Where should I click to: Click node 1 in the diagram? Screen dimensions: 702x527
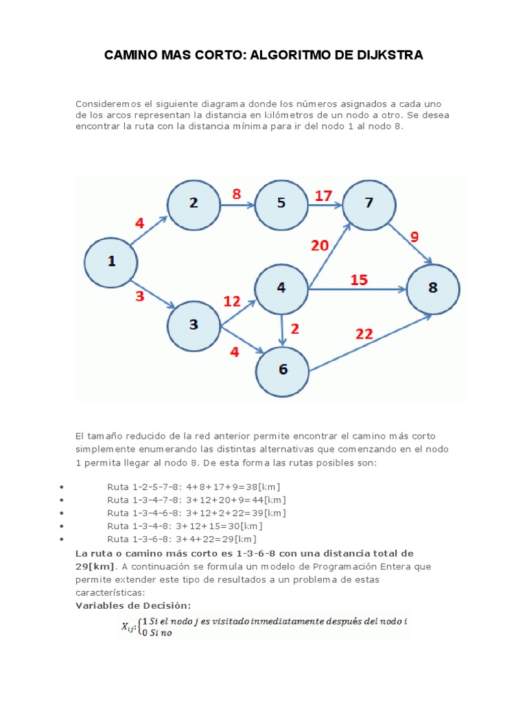tap(110, 262)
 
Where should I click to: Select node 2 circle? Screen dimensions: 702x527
tap(194, 204)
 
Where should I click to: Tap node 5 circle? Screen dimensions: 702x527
tap(281, 204)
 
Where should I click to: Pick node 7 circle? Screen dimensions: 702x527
tap(369, 204)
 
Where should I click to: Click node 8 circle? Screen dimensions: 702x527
tap(433, 289)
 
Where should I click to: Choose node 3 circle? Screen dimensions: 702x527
tap(194, 324)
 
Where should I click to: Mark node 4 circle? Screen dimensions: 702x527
tap(281, 289)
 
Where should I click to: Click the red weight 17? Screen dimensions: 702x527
tap(323, 196)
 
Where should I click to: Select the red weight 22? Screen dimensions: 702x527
tap(364, 334)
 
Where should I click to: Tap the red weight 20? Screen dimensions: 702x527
tap(320, 245)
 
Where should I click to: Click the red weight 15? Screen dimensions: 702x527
tap(359, 280)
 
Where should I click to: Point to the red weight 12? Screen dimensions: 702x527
tap(232, 301)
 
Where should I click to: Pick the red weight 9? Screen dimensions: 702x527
tap(414, 238)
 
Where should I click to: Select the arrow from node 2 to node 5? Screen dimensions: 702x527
tap(237, 204)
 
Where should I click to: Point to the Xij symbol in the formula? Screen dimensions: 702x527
tap(128, 625)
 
